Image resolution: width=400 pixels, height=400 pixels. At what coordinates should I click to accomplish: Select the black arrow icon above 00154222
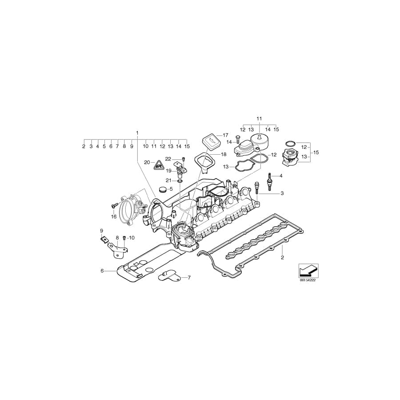pos(307,269)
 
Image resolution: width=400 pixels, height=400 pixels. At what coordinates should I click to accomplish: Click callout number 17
pos(225,135)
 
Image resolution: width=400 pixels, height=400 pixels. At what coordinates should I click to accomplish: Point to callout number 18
pos(224,154)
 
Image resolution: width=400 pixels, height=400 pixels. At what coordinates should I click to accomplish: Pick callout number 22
pos(168,159)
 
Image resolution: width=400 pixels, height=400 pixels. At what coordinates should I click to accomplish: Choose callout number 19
pos(168,171)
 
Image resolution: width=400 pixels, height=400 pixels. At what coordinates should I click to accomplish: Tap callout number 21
pos(168,180)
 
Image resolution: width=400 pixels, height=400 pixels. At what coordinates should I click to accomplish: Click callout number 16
pos(114,216)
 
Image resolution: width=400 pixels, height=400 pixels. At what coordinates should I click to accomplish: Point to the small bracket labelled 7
pos(169,276)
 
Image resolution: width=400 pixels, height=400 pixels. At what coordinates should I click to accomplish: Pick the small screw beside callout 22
pos(183,159)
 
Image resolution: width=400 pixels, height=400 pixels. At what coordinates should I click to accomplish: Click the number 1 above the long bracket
pos(137,132)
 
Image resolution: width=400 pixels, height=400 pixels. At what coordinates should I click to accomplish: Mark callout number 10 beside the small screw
pos(132,238)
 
